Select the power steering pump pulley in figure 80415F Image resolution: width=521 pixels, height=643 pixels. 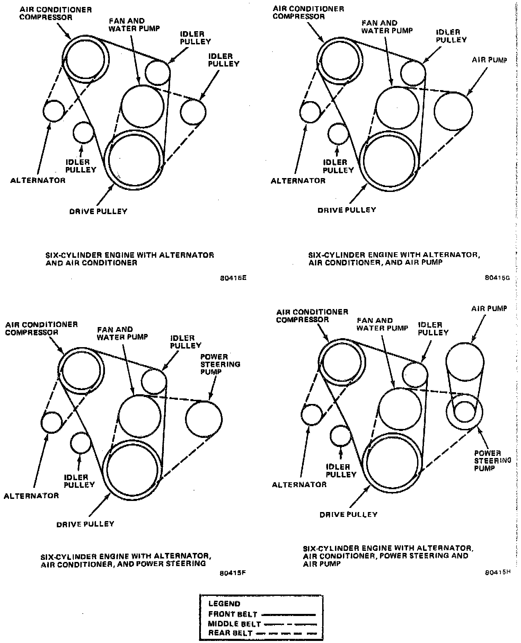pos(204,419)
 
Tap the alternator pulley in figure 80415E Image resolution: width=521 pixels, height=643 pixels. pos(54,111)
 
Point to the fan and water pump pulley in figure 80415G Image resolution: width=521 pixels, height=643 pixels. pos(397,108)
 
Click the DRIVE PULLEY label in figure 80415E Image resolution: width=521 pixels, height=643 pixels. pos(98,211)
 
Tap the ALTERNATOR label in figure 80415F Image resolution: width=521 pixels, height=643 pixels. pos(31,496)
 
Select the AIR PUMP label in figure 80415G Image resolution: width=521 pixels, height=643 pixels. pos(489,60)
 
